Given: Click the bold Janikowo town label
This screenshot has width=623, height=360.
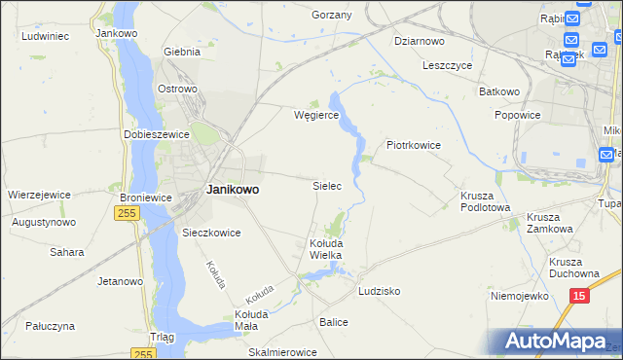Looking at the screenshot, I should point(233,191).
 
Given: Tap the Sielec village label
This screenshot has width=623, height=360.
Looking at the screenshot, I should point(326,185).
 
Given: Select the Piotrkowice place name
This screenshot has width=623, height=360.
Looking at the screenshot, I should point(414,145).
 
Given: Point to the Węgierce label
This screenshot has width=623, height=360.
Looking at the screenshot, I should point(315,115).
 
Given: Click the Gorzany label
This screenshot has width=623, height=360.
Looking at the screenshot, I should point(331,16).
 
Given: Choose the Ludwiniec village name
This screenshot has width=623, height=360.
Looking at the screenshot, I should point(44,36).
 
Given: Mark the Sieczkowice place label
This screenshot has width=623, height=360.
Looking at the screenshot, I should point(211,234).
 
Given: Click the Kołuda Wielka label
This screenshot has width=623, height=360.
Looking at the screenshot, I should point(325,248).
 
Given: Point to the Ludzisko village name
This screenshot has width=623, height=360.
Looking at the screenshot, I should point(380,291).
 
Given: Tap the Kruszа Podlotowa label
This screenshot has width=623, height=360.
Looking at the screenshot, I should point(485,201).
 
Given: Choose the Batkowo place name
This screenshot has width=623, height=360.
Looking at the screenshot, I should point(499,91).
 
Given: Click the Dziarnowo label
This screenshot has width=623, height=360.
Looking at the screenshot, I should point(420,41).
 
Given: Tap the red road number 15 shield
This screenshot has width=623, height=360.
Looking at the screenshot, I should point(579,295).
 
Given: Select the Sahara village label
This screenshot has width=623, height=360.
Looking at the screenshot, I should point(67,252).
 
